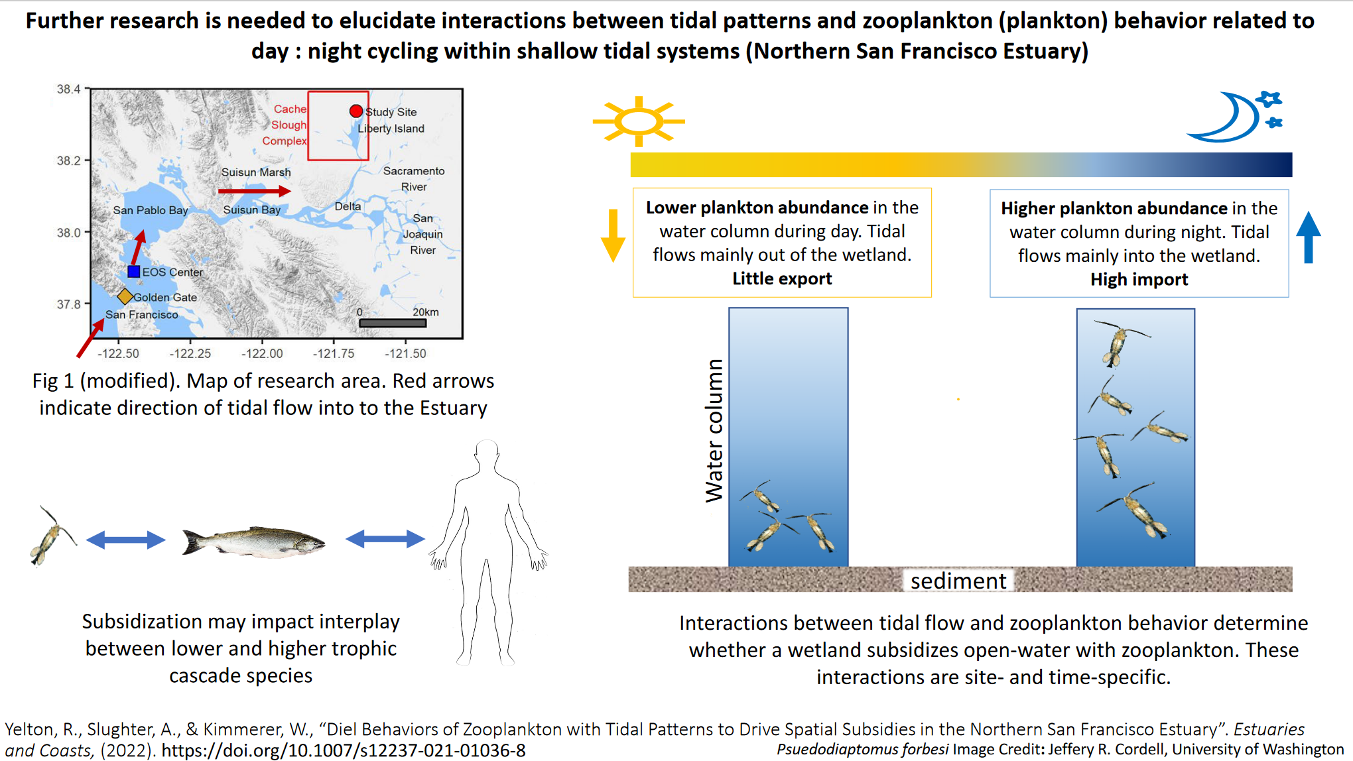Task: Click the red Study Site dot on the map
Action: click(356, 111)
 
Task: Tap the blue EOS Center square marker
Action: click(134, 271)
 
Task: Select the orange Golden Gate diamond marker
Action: click(125, 296)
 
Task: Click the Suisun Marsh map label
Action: click(256, 172)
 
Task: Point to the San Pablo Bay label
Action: click(151, 210)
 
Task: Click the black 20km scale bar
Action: click(393, 323)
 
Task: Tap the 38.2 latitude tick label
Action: click(68, 160)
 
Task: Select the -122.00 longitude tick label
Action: click(262, 353)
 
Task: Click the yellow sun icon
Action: click(639, 121)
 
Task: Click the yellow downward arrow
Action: click(613, 236)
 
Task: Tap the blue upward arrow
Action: click(1309, 237)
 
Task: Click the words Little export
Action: click(782, 278)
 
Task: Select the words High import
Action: click(1139, 279)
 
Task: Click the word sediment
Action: click(958, 581)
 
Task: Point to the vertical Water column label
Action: click(714, 431)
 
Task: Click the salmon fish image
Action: click(254, 542)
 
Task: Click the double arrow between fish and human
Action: click(385, 539)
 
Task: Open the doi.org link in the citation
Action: click(344, 750)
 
